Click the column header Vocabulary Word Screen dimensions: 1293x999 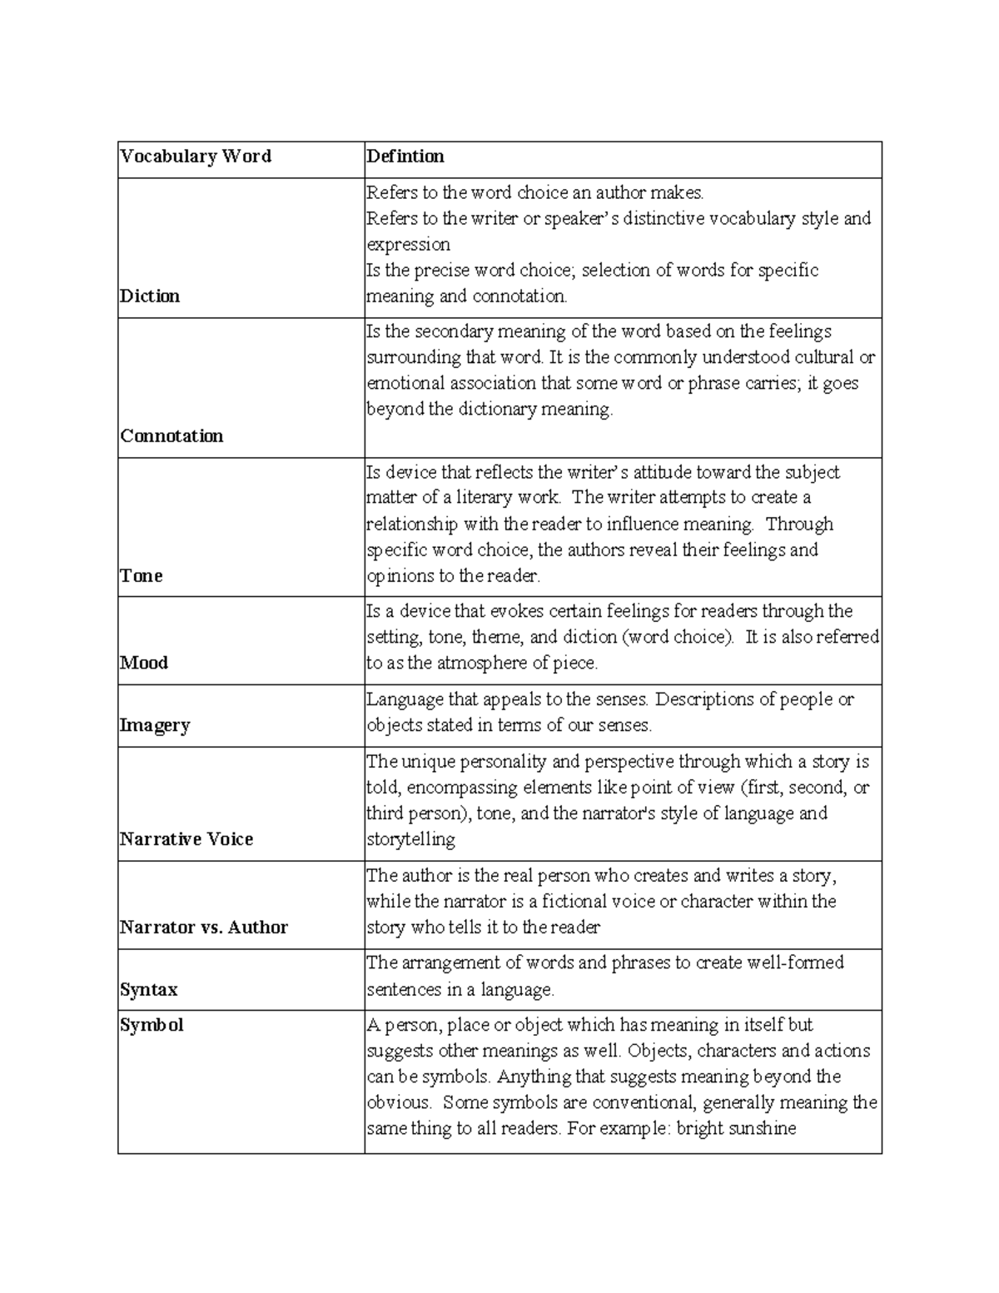(x=196, y=157)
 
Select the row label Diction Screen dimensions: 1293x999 (x=150, y=296)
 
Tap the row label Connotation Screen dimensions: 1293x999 (x=171, y=436)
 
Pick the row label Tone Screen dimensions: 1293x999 (x=141, y=576)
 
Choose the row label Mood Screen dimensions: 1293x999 (x=144, y=663)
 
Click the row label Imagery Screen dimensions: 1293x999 (x=155, y=725)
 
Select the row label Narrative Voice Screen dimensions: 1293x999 (x=186, y=839)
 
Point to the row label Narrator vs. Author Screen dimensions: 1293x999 (x=204, y=927)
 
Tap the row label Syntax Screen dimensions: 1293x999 (x=149, y=990)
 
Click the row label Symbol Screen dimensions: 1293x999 (x=152, y=1025)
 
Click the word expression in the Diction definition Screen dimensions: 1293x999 (x=408, y=245)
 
